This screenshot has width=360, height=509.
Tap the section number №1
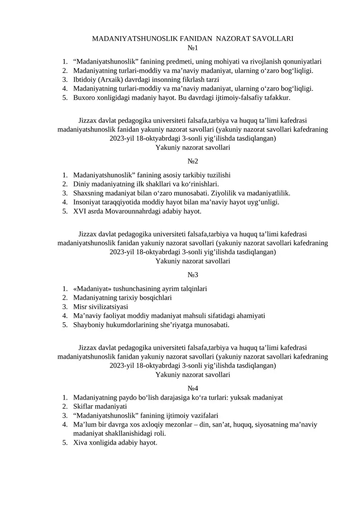pos(193,48)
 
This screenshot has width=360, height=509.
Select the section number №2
pos(193,161)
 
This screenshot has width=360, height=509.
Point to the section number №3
pos(193,275)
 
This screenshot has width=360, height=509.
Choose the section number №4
pos(193,388)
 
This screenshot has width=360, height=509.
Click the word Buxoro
pos(84,97)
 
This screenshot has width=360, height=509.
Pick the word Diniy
pos(81,184)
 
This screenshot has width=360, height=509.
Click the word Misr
pos(80,306)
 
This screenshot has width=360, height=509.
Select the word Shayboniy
pos(88,324)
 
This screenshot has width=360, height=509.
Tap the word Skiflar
pos(84,406)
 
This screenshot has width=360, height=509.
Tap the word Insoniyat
pos(88,202)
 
